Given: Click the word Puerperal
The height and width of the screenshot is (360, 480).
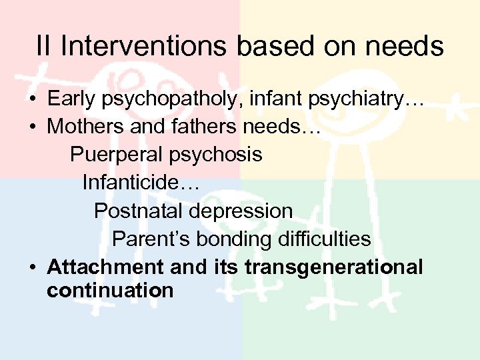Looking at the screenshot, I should click(116, 155).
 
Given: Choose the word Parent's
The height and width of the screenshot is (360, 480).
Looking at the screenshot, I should click(144, 239).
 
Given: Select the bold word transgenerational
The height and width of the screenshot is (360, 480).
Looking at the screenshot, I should click(334, 267).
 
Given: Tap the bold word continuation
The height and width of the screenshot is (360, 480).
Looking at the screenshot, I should click(110, 291).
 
